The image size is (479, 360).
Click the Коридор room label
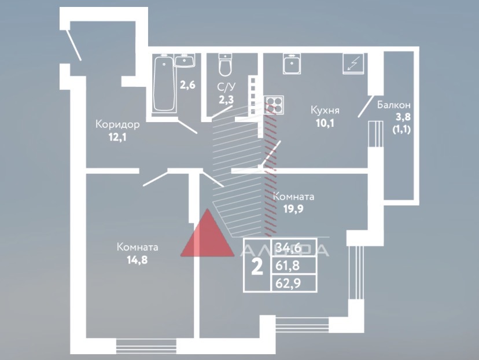tap(117, 124)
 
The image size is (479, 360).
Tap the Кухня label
tap(325, 110)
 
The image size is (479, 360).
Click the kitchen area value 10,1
tap(325, 123)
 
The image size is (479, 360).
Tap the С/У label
tap(226, 87)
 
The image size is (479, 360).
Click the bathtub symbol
tap(164, 84)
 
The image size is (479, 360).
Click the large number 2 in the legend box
tap(257, 266)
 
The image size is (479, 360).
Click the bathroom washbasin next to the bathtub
tap(186, 60)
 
